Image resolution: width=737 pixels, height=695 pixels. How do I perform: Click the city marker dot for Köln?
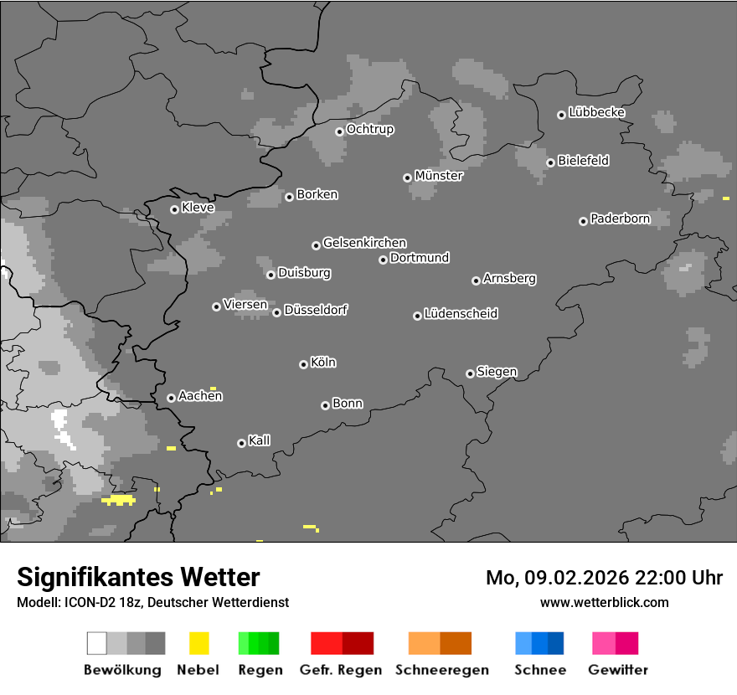[x=303, y=364]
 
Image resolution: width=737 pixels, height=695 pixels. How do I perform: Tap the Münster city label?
[x=439, y=176]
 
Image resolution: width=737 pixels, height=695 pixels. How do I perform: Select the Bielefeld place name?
[x=584, y=161]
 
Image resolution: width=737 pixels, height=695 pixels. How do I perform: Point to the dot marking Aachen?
[x=171, y=398]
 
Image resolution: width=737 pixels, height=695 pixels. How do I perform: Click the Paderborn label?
[x=621, y=219]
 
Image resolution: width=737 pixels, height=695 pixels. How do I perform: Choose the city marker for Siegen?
[x=470, y=373]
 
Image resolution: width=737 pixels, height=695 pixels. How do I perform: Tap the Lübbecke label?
[x=597, y=112]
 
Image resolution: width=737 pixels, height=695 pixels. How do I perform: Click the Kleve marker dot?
[x=174, y=209]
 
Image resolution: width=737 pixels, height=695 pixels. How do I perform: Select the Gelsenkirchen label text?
[x=365, y=243]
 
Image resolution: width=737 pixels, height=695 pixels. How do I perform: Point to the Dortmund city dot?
[x=383, y=260]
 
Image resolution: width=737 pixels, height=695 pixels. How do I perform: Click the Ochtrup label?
[x=370, y=130]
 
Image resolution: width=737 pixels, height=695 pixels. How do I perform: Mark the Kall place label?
[x=260, y=440]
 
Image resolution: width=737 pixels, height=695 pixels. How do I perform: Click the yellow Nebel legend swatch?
[x=198, y=643]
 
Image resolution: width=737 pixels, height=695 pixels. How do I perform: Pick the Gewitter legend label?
[x=618, y=670]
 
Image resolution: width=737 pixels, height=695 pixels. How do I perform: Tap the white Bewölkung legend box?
[x=97, y=643]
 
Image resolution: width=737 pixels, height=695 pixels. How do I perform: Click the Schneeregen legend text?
[x=442, y=670]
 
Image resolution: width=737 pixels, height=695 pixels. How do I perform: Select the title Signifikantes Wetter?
[x=138, y=577]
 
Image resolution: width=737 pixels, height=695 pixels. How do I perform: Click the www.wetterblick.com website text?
[x=605, y=602]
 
